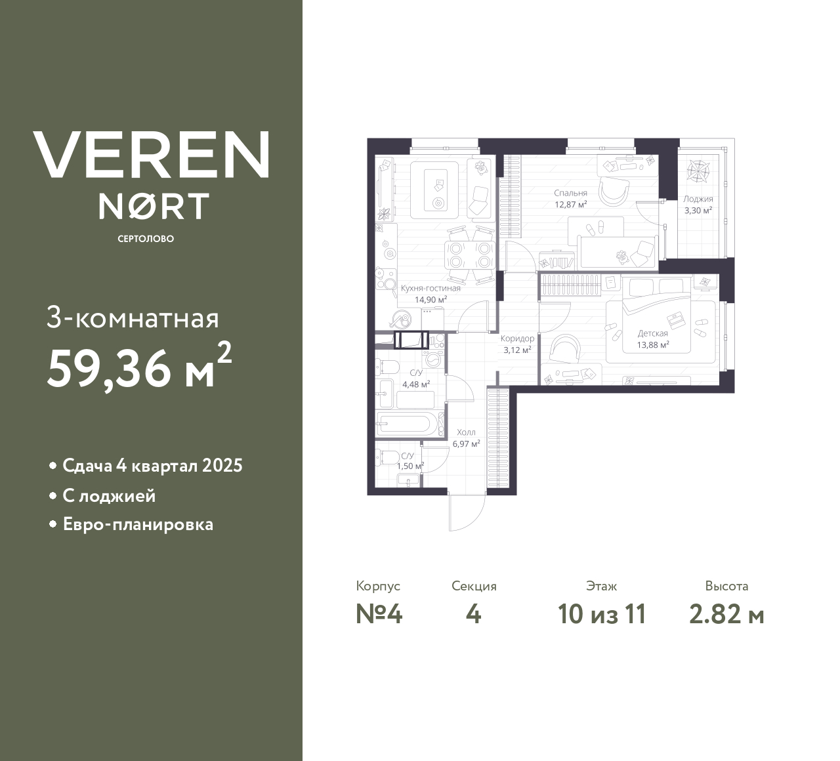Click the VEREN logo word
[151, 154]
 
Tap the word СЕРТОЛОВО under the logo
[146, 239]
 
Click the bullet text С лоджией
[109, 495]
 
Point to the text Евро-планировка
[138, 525]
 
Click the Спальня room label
[570, 193]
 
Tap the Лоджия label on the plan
[698, 199]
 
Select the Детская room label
[652, 333]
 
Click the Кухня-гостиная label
[430, 288]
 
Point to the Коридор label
[517, 339]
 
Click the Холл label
[466, 432]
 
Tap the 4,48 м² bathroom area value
[416, 384]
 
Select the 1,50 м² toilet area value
[410, 466]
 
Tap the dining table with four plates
[469, 255]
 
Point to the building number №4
[379, 614]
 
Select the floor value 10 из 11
[602, 614]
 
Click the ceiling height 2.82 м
[726, 614]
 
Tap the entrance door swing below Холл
[467, 511]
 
